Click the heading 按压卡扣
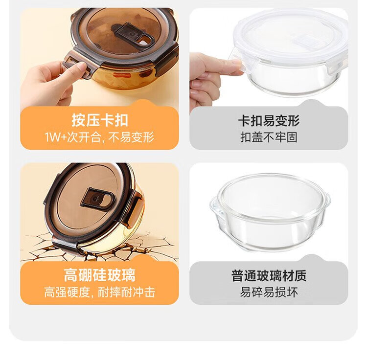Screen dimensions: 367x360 pyautogui.click(x=100, y=120)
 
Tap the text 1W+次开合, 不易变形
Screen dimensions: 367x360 pyautogui.click(x=99, y=137)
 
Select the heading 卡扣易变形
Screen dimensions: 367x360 pyautogui.click(x=269, y=121)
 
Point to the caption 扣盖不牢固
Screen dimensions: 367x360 pyautogui.click(x=269, y=137)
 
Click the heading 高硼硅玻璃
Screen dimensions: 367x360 pyautogui.click(x=100, y=275)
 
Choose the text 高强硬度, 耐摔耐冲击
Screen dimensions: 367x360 pyautogui.click(x=99, y=292)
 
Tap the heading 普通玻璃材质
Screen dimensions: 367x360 pyautogui.click(x=269, y=275)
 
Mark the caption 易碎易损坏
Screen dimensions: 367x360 pyautogui.click(x=269, y=292)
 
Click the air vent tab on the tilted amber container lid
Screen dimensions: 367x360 pyautogui.click(x=97, y=198)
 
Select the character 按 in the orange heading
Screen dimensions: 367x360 pyautogui.click(x=78, y=120)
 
